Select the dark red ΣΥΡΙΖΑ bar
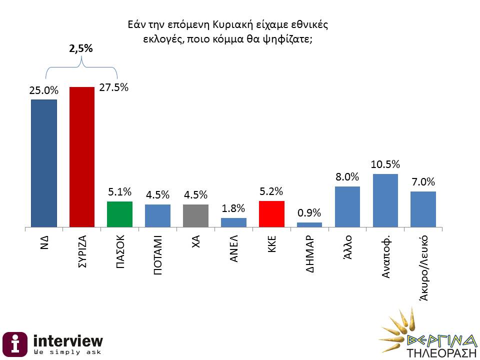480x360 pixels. (81, 157)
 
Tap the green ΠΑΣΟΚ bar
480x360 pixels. (119, 214)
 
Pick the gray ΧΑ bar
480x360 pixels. (195, 216)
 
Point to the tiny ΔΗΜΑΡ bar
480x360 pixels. (309, 224)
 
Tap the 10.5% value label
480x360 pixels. (385, 163)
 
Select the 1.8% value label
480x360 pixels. (233, 207)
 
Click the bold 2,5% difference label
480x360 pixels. (80, 49)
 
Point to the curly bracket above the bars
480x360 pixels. (81, 67)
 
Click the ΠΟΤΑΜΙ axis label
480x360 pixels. (157, 255)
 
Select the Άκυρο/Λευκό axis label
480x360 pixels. (423, 267)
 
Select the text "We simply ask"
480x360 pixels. (66, 352)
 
